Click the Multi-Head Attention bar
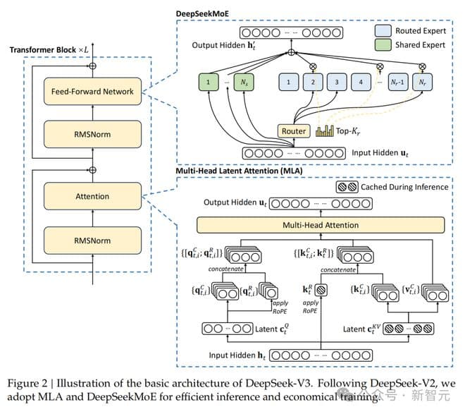320,225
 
